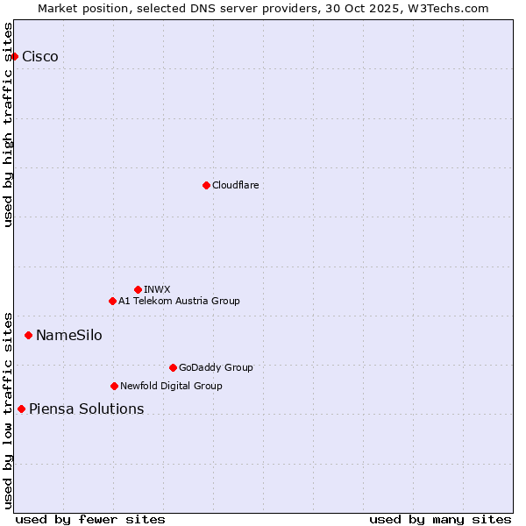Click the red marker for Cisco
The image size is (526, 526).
[14, 56]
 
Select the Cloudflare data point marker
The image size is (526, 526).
[206, 185]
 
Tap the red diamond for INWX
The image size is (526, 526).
[138, 289]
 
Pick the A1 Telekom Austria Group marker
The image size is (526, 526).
[112, 301]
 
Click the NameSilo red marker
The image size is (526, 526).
[28, 335]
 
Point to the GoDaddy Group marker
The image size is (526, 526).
[173, 367]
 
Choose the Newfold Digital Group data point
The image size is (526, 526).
[114, 386]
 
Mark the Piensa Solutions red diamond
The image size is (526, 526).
[21, 409]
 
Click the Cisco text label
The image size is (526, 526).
[40, 56]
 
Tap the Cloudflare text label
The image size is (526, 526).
[236, 185]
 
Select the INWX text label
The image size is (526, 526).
[157, 289]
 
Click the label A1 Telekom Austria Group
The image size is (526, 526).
[179, 301]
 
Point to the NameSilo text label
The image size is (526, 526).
[68, 335]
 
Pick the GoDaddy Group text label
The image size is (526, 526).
[216, 367]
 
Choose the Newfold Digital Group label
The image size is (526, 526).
[171, 386]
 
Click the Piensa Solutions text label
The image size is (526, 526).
[86, 409]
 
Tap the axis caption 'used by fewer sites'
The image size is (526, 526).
[90, 519]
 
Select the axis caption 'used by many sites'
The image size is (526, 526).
[440, 519]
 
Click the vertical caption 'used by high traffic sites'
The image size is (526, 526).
[8, 124]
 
